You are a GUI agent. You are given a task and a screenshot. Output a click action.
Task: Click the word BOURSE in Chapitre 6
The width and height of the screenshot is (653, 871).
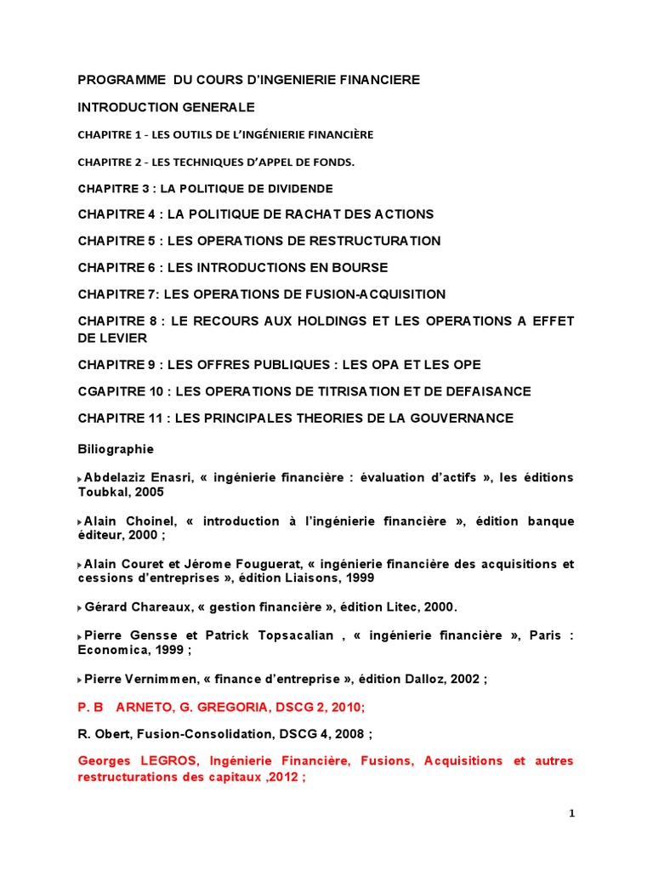361,267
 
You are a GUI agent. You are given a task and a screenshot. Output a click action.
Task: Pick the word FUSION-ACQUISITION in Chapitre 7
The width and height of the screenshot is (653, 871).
376,294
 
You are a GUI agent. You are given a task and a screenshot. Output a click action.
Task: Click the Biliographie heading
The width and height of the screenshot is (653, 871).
116,448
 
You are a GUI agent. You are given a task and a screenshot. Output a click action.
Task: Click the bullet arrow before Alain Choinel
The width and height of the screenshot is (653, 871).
81,521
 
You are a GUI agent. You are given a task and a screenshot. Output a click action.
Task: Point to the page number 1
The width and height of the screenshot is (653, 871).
571,814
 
